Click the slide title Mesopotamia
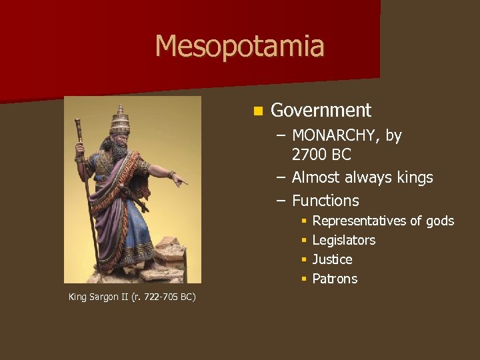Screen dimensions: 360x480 (239, 47)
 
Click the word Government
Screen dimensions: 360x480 (321, 110)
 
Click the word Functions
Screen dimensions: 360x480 (325, 201)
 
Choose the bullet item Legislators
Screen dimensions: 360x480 (343, 240)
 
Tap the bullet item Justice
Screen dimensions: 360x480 (332, 259)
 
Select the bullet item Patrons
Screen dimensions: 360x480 (335, 279)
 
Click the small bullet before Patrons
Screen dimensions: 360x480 (303, 279)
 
